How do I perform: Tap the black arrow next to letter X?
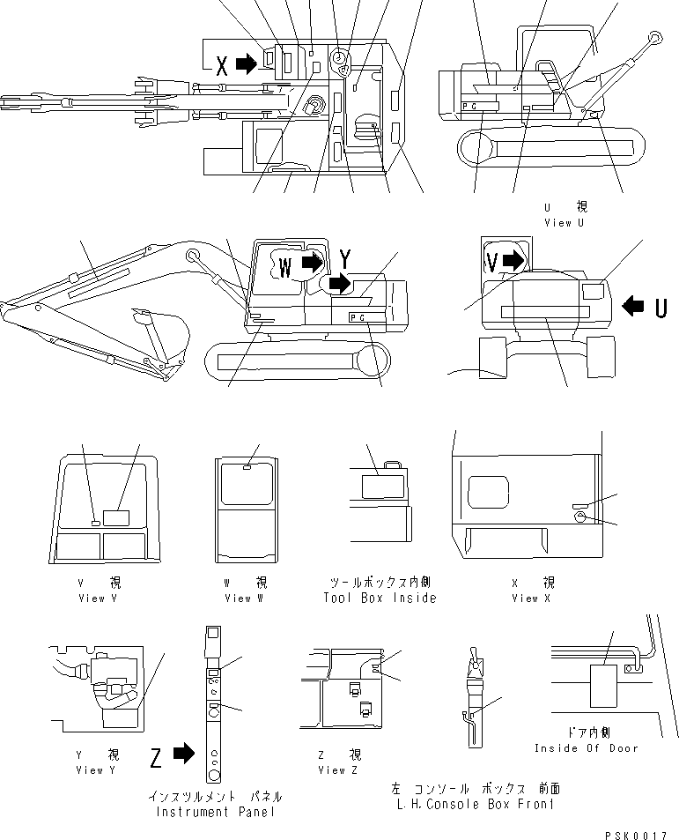[247, 63]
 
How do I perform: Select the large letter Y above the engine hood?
[345, 259]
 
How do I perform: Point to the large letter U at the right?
[661, 307]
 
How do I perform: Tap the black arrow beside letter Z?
[182, 754]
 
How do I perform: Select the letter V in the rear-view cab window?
[493, 261]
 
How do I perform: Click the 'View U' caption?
[570, 223]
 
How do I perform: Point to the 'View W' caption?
[238, 598]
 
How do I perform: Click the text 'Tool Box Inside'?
[380, 598]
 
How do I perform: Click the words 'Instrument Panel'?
[215, 812]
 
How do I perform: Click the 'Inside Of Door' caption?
[586, 748]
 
